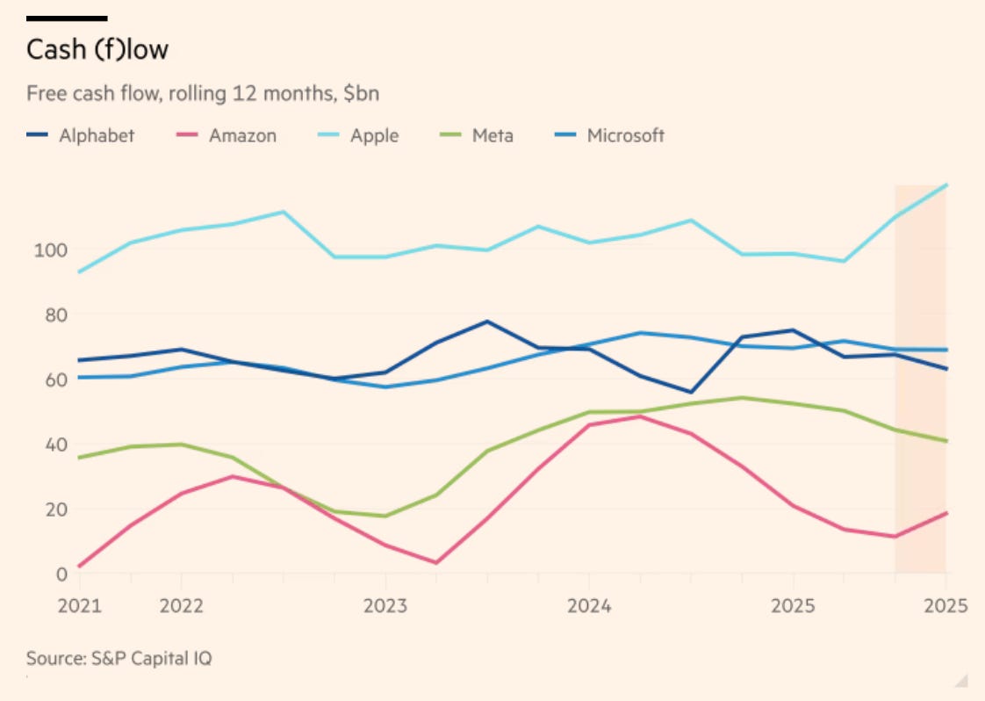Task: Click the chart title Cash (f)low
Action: pyautogui.click(x=97, y=50)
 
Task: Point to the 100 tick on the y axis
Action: pyautogui.click(x=49, y=249)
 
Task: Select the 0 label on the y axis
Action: pyautogui.click(x=61, y=575)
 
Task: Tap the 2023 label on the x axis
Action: pyautogui.click(x=385, y=607)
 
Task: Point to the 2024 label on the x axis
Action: pyautogui.click(x=588, y=607)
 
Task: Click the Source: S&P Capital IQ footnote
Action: pyautogui.click(x=119, y=658)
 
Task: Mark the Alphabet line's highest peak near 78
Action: pyautogui.click(x=486, y=322)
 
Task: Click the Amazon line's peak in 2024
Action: pyautogui.click(x=640, y=416)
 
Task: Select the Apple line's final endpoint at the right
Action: pyautogui.click(x=945, y=184)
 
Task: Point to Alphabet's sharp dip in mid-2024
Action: pyautogui.click(x=691, y=393)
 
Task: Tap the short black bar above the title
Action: pyautogui.click(x=67, y=18)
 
